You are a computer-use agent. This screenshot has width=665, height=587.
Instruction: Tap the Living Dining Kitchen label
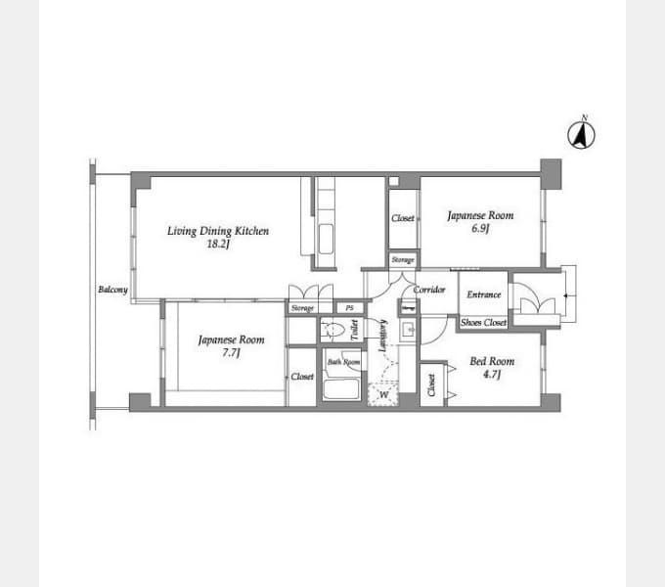pyautogui.click(x=217, y=231)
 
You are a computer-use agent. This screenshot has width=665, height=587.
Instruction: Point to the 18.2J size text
pyautogui.click(x=217, y=245)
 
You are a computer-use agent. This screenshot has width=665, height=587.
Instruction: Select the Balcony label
pyautogui.click(x=112, y=290)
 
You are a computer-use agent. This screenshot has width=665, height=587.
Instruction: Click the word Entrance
pyautogui.click(x=484, y=294)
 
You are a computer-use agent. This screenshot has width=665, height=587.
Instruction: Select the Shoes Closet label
pyautogui.click(x=483, y=322)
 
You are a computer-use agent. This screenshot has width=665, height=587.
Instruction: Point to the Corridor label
pyautogui.click(x=429, y=290)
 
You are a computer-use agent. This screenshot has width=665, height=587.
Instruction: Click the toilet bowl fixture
pyautogui.click(x=334, y=330)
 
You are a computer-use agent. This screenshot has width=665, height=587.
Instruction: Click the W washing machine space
pyautogui.click(x=383, y=395)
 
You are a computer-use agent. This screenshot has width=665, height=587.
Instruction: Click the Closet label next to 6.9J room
pyautogui.click(x=402, y=218)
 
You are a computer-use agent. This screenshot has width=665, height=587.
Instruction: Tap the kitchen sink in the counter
pyautogui.click(x=326, y=238)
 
